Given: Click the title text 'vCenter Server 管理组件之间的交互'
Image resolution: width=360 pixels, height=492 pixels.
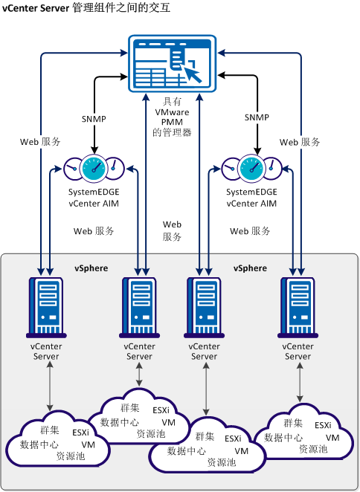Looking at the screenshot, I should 86,8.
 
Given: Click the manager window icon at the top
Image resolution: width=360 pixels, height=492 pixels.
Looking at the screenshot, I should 170,63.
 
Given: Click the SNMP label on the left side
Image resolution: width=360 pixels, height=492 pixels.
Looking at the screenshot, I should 93,117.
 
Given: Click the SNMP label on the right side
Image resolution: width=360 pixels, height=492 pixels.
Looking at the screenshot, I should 257,117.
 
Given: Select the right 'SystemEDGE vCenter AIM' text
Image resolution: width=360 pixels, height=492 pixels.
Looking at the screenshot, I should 256,198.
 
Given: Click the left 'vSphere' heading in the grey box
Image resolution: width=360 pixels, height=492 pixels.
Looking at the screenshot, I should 90,268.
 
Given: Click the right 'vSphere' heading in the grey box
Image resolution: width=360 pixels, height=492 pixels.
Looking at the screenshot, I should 250,268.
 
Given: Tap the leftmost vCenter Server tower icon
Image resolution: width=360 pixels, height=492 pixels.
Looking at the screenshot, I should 46,305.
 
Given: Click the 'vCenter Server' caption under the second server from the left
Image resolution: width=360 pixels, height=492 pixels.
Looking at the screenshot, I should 139,352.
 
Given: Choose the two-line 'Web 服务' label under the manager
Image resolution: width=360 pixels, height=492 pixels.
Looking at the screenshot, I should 172,230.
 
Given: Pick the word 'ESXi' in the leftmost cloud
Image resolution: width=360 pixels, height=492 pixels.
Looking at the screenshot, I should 81,433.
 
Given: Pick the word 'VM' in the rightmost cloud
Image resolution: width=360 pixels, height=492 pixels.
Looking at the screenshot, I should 332,437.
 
